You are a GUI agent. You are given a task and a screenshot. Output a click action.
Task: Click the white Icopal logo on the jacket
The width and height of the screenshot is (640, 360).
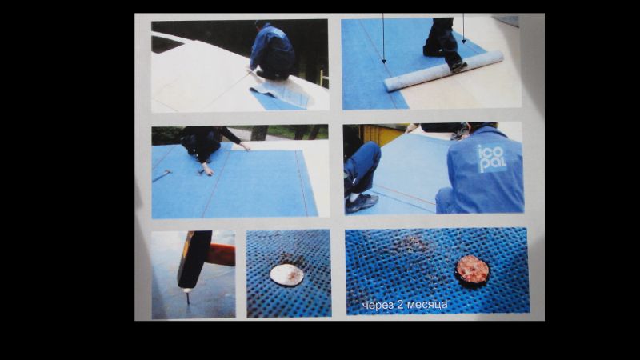491,158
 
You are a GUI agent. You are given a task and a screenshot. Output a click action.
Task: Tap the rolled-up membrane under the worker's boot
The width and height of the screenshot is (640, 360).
443,70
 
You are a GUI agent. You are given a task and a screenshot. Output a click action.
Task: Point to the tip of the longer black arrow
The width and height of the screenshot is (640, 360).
384,64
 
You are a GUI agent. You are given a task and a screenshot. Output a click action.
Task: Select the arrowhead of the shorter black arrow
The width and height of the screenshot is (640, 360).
464,42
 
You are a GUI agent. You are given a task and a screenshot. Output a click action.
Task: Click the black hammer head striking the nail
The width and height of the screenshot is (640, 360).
194,258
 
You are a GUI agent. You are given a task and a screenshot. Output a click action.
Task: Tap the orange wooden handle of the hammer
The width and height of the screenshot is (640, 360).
222,254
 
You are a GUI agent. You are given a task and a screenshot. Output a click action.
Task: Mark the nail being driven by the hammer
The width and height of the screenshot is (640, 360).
188,297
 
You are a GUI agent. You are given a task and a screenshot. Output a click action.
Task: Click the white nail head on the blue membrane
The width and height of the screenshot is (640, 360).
287,274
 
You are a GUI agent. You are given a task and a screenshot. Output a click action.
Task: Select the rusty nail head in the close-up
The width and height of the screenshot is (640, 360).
472,270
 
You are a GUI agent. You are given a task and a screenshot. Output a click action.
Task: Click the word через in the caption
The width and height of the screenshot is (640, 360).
378,306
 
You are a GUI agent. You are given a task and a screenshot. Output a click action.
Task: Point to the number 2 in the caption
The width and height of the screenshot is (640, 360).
400,305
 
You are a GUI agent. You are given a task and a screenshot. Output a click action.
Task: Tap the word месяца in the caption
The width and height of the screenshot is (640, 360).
427,305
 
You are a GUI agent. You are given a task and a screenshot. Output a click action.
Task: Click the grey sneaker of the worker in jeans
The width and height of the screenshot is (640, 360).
362,203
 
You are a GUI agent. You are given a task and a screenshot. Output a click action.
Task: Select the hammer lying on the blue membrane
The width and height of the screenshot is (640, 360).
162,175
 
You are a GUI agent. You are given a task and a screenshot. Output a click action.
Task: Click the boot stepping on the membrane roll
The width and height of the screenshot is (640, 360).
458,67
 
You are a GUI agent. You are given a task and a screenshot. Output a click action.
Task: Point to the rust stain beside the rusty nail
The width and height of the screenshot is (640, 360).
411,244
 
